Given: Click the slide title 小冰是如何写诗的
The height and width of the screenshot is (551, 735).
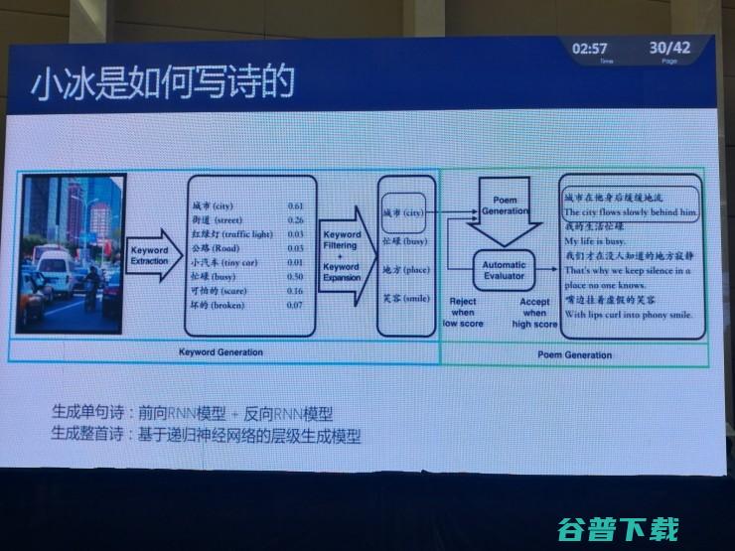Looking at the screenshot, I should tap(163, 81).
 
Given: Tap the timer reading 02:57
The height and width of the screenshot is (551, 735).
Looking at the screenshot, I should tap(590, 48).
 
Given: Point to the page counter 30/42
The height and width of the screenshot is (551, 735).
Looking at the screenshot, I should tap(669, 48).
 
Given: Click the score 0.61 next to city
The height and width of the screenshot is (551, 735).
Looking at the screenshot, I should tap(294, 206).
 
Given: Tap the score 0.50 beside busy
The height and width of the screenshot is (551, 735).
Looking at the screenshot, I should tap(295, 276).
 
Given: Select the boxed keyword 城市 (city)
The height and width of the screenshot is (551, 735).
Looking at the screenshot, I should tap(404, 211).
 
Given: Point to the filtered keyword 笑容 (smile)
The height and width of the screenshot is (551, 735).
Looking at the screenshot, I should tap(405, 298).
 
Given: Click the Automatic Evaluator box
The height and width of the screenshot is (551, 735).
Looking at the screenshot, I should tap(506, 271).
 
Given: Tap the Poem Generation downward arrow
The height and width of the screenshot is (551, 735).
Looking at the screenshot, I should tap(506, 211).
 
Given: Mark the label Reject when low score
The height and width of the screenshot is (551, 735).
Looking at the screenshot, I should tap(464, 311).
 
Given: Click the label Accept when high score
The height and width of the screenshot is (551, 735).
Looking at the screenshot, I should tap(534, 311).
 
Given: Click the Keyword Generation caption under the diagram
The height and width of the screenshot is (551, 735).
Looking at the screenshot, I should tap(221, 352).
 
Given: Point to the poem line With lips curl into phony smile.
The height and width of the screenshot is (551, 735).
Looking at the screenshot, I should tap(628, 315).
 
